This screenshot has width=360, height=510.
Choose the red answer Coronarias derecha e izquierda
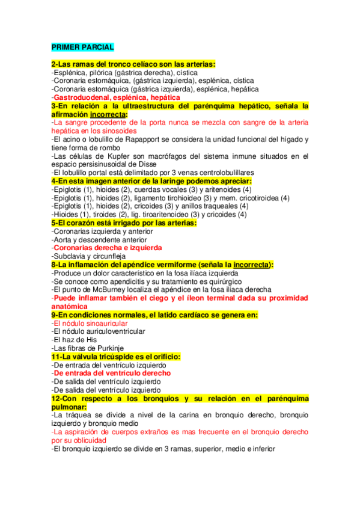click(107, 248)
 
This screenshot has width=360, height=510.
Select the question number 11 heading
click(115, 357)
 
